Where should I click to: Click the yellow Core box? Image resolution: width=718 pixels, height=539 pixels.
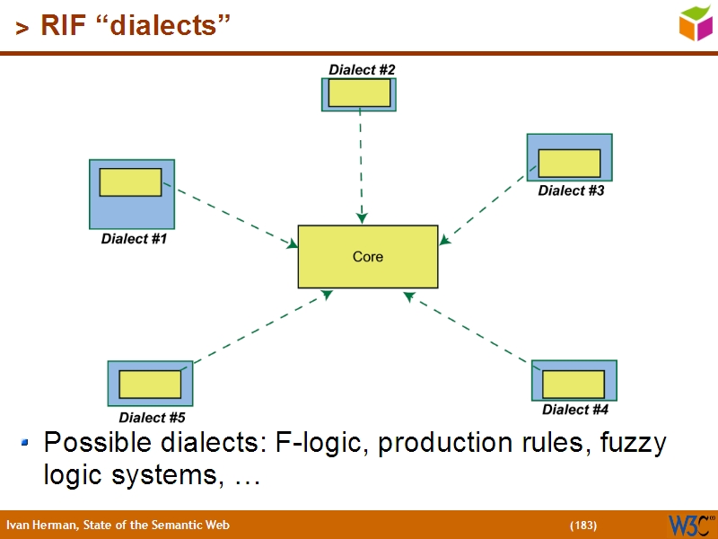[x=368, y=257]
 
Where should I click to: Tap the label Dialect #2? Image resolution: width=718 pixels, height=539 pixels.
[x=362, y=69]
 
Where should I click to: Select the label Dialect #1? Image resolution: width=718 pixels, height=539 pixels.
[x=134, y=239]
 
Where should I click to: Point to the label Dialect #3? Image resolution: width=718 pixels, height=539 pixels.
[x=571, y=190]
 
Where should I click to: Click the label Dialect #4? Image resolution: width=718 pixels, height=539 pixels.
[x=575, y=410]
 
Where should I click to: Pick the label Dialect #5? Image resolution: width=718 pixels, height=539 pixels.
[x=152, y=418]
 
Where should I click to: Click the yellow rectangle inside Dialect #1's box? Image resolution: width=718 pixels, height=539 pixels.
[x=130, y=182]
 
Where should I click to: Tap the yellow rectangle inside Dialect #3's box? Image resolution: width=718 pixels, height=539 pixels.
[x=569, y=163]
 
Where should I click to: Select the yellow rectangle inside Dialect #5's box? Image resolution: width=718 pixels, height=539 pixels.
[x=150, y=384]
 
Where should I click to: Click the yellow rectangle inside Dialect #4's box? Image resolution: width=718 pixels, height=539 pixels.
[x=573, y=384]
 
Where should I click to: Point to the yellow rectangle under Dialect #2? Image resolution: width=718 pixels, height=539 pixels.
[x=359, y=93]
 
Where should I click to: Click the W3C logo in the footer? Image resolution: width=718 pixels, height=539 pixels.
[x=689, y=525]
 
